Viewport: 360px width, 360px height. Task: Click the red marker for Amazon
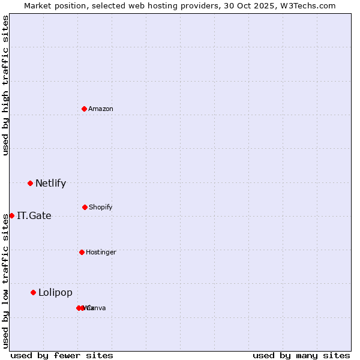pyautogui.click(x=84, y=109)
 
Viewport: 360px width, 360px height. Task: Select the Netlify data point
pyautogui.click(x=30, y=183)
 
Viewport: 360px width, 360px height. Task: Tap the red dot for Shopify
pyautogui.click(x=85, y=207)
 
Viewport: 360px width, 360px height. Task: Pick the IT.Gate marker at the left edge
pyautogui.click(x=11, y=215)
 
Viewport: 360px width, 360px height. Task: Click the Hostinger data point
pyautogui.click(x=82, y=252)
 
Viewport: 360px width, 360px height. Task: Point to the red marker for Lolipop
pyautogui.click(x=33, y=292)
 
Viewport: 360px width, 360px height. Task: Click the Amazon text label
pyautogui.click(x=101, y=109)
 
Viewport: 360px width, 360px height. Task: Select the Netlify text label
pyautogui.click(x=50, y=184)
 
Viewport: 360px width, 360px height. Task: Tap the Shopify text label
pyautogui.click(x=101, y=207)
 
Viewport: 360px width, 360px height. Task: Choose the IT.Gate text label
pyautogui.click(x=34, y=216)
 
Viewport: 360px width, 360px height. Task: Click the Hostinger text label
pyautogui.click(x=101, y=252)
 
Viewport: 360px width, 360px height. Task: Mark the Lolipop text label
pyautogui.click(x=55, y=293)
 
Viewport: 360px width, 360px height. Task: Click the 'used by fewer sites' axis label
pyautogui.click(x=62, y=355)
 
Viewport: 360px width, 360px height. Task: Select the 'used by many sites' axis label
pyautogui.click(x=301, y=355)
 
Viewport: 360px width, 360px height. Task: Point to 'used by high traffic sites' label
pyautogui.click(x=5, y=85)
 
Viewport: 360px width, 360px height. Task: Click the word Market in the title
pyautogui.click(x=39, y=5)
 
